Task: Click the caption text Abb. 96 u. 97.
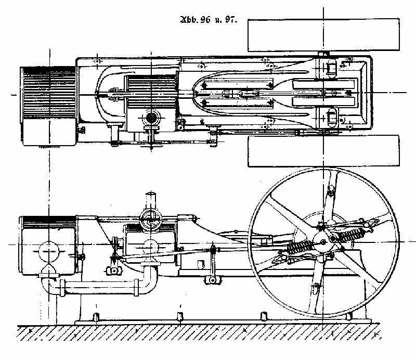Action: click(208, 22)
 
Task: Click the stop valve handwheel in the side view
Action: click(151, 221)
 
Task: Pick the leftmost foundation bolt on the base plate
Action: click(97, 317)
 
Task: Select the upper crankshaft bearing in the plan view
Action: click(330, 68)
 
